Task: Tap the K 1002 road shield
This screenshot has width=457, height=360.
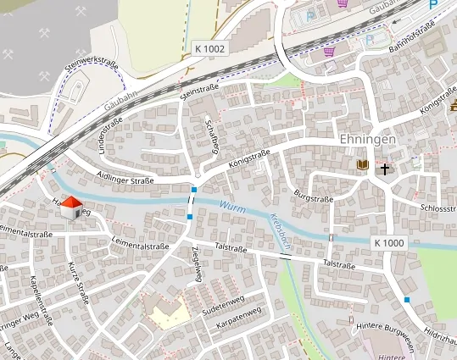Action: coord(208,49)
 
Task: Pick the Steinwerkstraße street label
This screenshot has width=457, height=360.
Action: coord(92,65)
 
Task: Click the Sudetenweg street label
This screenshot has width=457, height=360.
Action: coord(222,305)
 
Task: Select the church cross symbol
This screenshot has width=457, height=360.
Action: coord(385,169)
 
